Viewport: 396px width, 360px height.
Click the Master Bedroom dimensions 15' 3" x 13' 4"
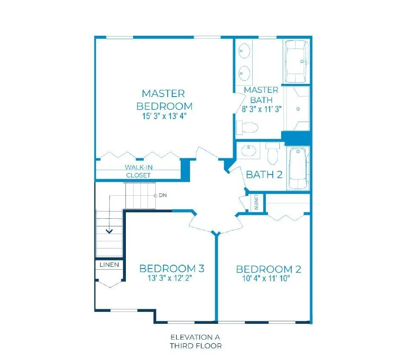click(x=164, y=116)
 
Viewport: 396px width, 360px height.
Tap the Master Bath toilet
click(x=247, y=127)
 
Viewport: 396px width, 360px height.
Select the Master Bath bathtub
click(x=296, y=61)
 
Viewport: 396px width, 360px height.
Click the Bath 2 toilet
click(x=273, y=153)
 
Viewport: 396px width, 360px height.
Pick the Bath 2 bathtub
click(x=298, y=168)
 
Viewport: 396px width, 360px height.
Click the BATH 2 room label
click(x=264, y=174)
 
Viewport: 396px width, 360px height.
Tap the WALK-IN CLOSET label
click(x=138, y=171)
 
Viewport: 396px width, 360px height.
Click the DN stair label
click(x=162, y=195)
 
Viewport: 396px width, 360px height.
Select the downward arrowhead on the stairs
click(x=109, y=231)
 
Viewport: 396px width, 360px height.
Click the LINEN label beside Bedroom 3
click(x=109, y=265)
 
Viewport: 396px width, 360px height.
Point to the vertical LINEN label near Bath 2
click(x=256, y=202)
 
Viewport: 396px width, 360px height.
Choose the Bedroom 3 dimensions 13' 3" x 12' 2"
click(x=170, y=278)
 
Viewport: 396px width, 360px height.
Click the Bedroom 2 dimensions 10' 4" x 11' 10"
click(x=266, y=278)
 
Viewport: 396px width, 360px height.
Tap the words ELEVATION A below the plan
click(x=195, y=337)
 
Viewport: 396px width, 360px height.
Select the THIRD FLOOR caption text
click(x=196, y=346)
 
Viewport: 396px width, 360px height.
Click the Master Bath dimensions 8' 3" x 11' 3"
click(x=262, y=109)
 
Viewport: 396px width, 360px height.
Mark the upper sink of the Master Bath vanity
click(x=244, y=51)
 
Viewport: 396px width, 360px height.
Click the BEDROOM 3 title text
click(x=172, y=268)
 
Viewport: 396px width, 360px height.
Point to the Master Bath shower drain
click(x=298, y=109)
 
